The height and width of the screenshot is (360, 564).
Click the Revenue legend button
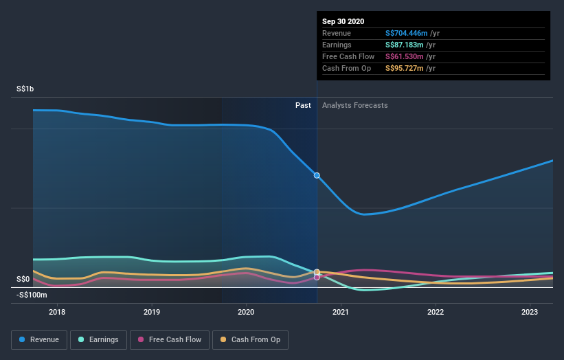coord(39,339)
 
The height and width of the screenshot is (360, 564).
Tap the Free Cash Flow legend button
coord(169,339)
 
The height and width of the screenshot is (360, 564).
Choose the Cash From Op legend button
coord(251,339)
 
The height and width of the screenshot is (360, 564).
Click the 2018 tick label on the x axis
coord(57,312)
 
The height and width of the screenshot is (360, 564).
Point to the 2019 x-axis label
coord(152,312)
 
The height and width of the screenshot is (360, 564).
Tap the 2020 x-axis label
coord(246,312)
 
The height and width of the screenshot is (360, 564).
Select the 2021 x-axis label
coord(341,312)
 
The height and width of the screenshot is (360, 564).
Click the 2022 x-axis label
coord(436,312)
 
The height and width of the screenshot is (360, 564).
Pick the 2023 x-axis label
coord(530,312)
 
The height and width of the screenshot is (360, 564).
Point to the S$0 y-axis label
coord(24,279)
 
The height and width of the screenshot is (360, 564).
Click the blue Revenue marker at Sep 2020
coord(317,175)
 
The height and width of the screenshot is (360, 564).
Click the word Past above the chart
coord(303,106)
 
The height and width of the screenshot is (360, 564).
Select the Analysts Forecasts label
coord(354,106)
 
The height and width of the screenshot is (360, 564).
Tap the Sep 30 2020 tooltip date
coord(343,21)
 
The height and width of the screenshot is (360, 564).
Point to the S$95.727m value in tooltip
coord(406,68)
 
